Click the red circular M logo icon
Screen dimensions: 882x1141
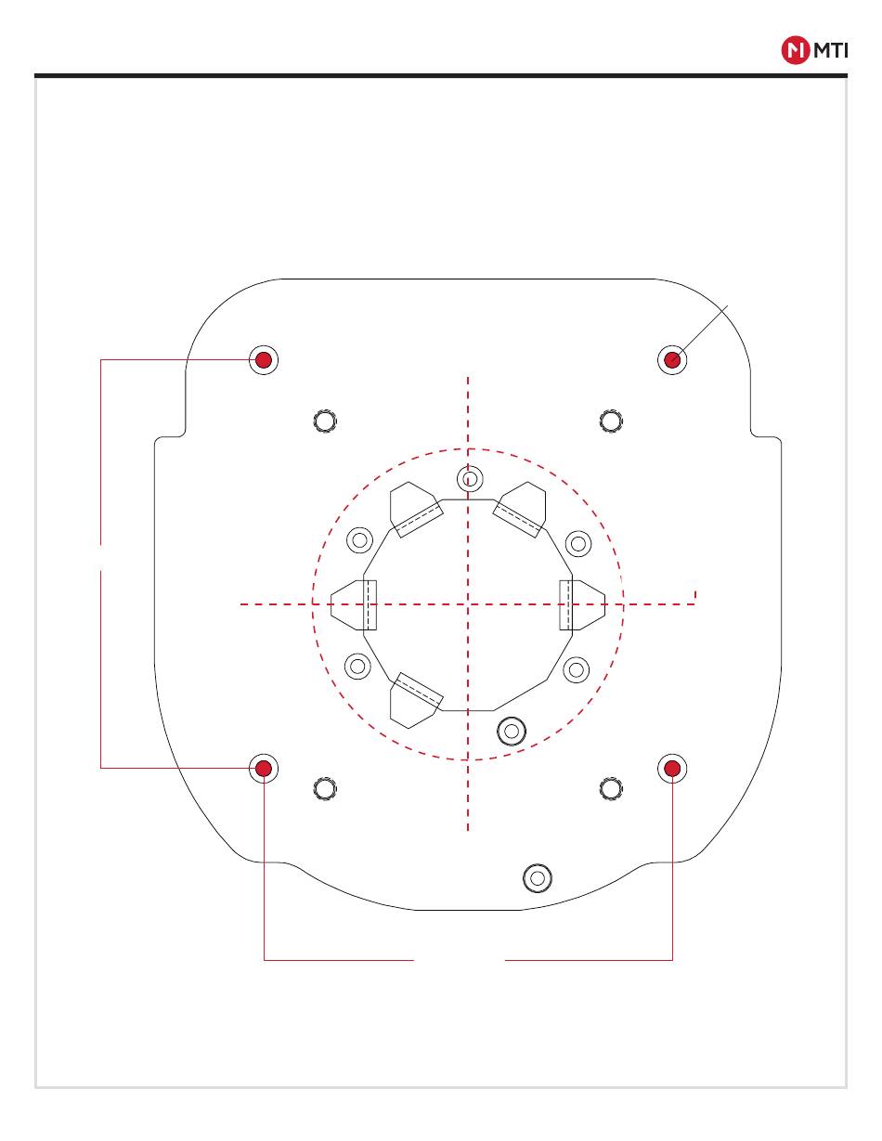[x=796, y=50]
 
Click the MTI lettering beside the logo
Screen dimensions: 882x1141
[x=831, y=50]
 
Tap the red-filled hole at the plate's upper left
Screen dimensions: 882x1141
[x=263, y=360]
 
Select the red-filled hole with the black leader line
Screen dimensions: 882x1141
[x=672, y=360]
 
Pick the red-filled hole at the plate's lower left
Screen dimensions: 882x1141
[x=263, y=769]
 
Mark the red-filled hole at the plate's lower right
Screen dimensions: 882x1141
[x=672, y=769]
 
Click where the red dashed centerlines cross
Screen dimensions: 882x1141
[x=468, y=604]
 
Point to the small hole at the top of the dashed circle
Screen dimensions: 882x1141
[x=470, y=479]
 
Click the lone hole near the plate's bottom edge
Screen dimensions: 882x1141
[x=537, y=878]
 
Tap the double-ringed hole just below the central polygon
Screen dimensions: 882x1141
[x=512, y=731]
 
